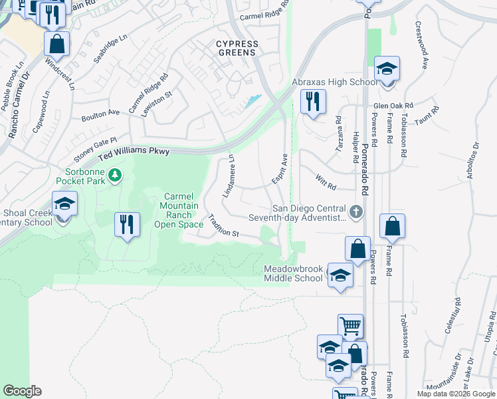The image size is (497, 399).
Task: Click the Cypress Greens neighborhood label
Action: pos(237,49)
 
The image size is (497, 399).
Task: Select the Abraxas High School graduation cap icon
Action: pos(386,68)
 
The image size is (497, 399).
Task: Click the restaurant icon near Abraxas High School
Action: pos(312,101)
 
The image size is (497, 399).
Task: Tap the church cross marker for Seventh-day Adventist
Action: pos(357,211)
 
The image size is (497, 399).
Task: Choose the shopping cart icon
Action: pos(350,327)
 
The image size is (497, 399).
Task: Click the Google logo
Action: pos(22,391)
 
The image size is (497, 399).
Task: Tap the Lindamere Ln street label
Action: pos(227,176)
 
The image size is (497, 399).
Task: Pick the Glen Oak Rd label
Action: pos(393,106)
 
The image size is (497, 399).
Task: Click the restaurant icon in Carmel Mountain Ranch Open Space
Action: pos(126,224)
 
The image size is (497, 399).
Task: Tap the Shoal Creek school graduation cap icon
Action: pos(65,203)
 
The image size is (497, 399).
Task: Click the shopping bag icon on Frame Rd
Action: pos(392,226)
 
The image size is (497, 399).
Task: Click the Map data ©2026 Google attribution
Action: pos(455,394)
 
